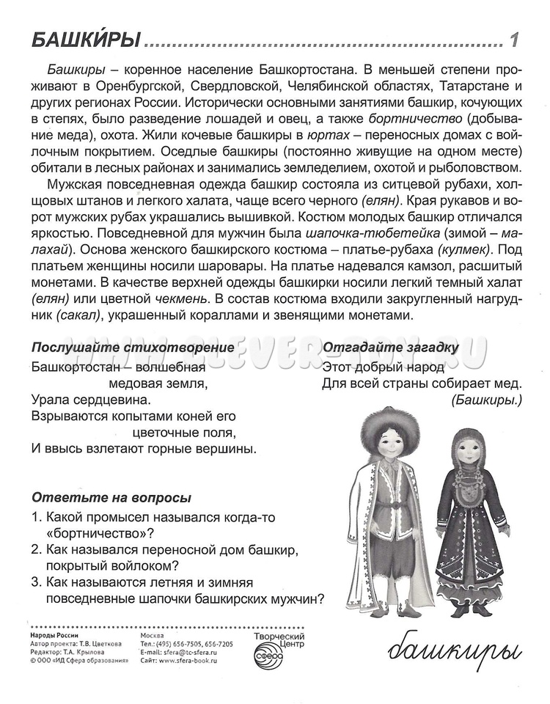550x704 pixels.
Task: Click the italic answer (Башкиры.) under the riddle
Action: [486, 400]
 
